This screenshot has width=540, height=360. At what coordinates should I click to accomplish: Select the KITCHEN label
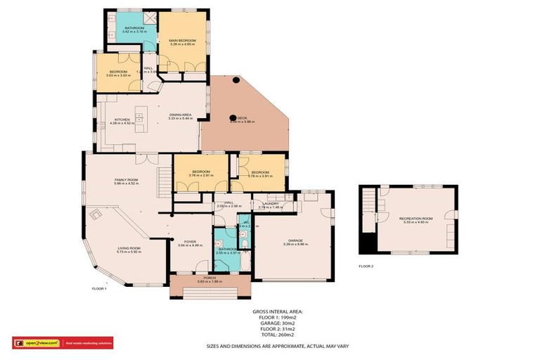[122, 120]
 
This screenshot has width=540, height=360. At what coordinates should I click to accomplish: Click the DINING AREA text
[181, 115]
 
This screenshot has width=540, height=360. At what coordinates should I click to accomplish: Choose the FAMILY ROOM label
[127, 181]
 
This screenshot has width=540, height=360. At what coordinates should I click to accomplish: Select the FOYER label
[181, 243]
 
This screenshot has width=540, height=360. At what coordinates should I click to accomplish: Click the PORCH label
[210, 278]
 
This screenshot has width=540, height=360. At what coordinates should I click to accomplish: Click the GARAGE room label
[292, 240]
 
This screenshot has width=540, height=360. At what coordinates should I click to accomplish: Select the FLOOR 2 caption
[366, 266]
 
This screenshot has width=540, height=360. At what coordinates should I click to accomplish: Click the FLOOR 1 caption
[99, 289]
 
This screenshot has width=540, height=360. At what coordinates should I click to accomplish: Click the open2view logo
[37, 343]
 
